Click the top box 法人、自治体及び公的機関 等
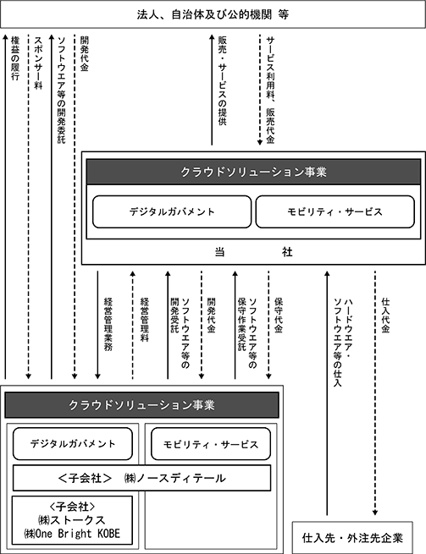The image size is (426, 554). [x=213, y=14]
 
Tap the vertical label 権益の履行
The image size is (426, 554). [x=15, y=58]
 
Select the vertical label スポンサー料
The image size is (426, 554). [x=38, y=63]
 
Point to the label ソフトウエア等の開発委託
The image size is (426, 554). [x=62, y=90]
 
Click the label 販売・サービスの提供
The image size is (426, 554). [x=222, y=80]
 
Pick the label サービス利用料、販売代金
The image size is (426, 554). [x=270, y=90]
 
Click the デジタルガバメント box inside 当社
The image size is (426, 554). [x=172, y=211]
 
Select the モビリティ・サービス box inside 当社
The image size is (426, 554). [x=335, y=211]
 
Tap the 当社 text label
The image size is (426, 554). [x=253, y=252]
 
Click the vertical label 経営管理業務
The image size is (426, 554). [x=108, y=324]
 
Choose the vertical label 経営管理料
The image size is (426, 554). [x=144, y=320]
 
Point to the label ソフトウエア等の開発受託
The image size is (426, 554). [x=180, y=333]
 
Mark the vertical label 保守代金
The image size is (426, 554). [x=279, y=315]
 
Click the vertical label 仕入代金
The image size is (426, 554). [x=385, y=315]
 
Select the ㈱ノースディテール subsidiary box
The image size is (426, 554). [x=142, y=478]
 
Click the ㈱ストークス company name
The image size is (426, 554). [x=72, y=520]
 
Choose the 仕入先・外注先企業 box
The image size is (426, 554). [x=352, y=538]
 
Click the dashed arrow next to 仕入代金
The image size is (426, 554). [x=375, y=393]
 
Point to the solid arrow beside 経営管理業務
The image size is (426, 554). [x=97, y=325]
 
